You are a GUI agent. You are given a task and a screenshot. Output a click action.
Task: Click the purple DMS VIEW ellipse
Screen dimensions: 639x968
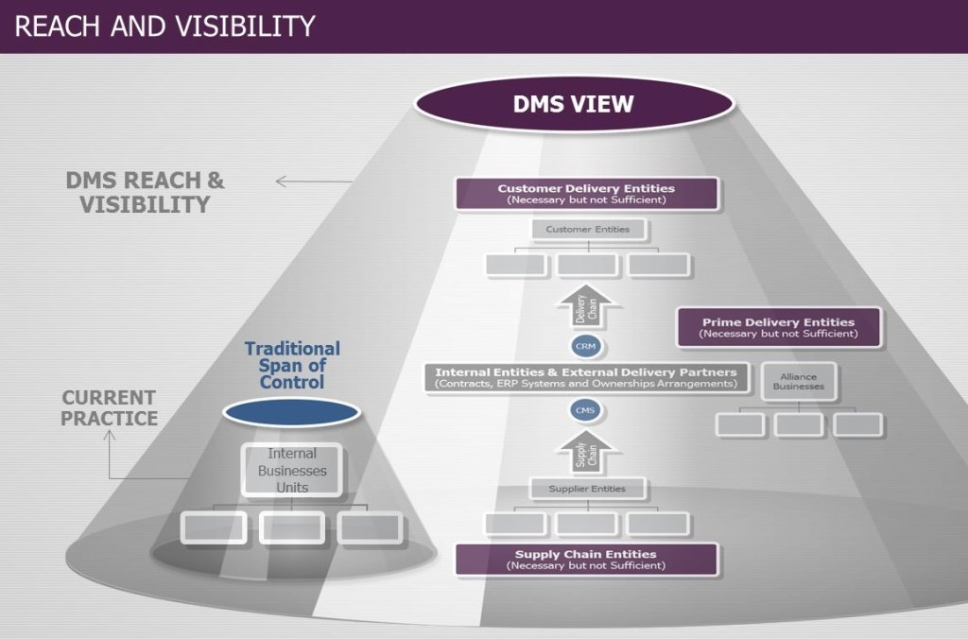point(573,103)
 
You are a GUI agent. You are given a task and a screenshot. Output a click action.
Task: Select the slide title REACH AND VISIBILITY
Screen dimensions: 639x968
point(164,26)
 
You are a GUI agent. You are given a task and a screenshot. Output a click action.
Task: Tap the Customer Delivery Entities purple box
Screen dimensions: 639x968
point(586,194)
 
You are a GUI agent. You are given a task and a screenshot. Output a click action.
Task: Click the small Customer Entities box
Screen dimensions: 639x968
point(587,229)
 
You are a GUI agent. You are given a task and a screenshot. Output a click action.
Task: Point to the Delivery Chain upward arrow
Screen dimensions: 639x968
point(587,308)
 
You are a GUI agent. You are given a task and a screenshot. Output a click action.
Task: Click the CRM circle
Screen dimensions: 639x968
point(586,346)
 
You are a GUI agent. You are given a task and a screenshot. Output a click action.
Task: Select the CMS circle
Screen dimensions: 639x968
point(586,410)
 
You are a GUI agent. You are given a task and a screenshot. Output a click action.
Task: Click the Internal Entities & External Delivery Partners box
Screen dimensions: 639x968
point(586,377)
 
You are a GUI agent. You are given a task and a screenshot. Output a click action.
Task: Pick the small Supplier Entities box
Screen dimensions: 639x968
point(587,489)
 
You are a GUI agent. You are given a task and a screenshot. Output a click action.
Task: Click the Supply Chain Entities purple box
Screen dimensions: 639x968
point(586,559)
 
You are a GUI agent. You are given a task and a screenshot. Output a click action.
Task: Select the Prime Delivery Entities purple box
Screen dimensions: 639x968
point(778,327)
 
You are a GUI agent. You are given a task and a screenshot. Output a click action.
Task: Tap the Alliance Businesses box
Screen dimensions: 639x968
point(798,380)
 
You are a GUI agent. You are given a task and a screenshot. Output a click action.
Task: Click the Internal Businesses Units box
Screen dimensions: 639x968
point(292,470)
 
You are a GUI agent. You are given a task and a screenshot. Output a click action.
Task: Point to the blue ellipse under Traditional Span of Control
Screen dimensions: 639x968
point(292,412)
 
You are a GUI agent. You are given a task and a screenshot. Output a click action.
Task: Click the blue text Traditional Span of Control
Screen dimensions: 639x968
point(292,365)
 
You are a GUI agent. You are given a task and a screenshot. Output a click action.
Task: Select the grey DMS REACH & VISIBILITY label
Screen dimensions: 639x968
point(145,192)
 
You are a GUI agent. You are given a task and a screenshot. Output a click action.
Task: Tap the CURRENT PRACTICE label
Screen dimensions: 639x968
point(110,407)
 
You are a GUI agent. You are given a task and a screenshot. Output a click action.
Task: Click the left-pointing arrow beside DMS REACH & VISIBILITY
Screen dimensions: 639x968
point(307,181)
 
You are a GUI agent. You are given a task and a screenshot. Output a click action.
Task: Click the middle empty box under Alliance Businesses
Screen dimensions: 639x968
point(798,424)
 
